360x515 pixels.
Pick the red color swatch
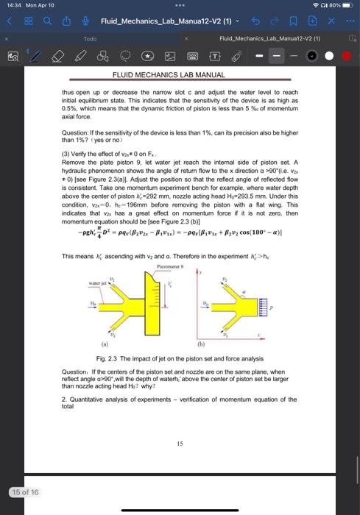click(347, 55)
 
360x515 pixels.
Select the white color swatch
click(330, 55)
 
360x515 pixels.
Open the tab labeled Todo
click(90, 37)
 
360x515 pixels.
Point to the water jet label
click(99, 282)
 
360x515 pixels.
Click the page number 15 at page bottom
click(180, 443)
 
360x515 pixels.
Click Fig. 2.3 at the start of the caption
click(107, 358)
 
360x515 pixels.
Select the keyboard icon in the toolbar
click(195, 55)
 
